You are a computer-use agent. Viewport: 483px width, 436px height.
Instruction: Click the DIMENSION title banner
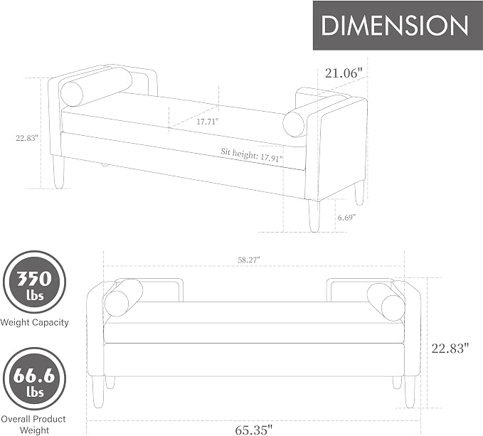coord(398,25)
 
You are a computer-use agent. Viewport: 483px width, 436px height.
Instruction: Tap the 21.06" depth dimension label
coord(343,73)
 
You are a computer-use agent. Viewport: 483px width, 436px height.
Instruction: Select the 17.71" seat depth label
coord(208,122)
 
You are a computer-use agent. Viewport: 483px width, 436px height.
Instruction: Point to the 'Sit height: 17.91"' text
coord(252,154)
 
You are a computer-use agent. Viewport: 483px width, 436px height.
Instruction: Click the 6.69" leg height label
coord(346,218)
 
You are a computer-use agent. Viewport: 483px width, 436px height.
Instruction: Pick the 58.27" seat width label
coord(249,260)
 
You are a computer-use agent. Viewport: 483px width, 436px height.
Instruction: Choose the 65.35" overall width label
coord(254,430)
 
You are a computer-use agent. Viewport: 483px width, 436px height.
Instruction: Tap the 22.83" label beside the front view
coord(450,349)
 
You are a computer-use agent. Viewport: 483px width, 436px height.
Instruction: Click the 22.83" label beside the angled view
coord(27,138)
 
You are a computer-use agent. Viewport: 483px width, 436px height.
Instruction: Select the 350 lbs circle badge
coord(34,282)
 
